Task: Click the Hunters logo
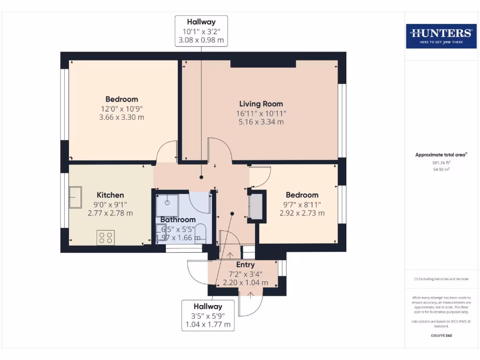click(x=440, y=35)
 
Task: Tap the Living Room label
click(x=261, y=104)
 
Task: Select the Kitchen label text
click(x=110, y=195)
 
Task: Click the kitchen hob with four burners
click(x=105, y=238)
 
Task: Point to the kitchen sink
click(x=75, y=197)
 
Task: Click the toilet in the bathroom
click(x=200, y=233)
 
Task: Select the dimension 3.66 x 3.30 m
click(x=121, y=117)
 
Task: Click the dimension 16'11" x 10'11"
click(x=261, y=113)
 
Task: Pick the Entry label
click(x=245, y=265)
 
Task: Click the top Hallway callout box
click(x=201, y=31)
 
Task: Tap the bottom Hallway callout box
click(x=207, y=315)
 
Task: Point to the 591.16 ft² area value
click(x=440, y=163)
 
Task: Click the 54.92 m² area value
click(x=440, y=170)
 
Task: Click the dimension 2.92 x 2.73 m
click(x=302, y=213)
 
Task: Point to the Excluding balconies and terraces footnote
click(x=441, y=279)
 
